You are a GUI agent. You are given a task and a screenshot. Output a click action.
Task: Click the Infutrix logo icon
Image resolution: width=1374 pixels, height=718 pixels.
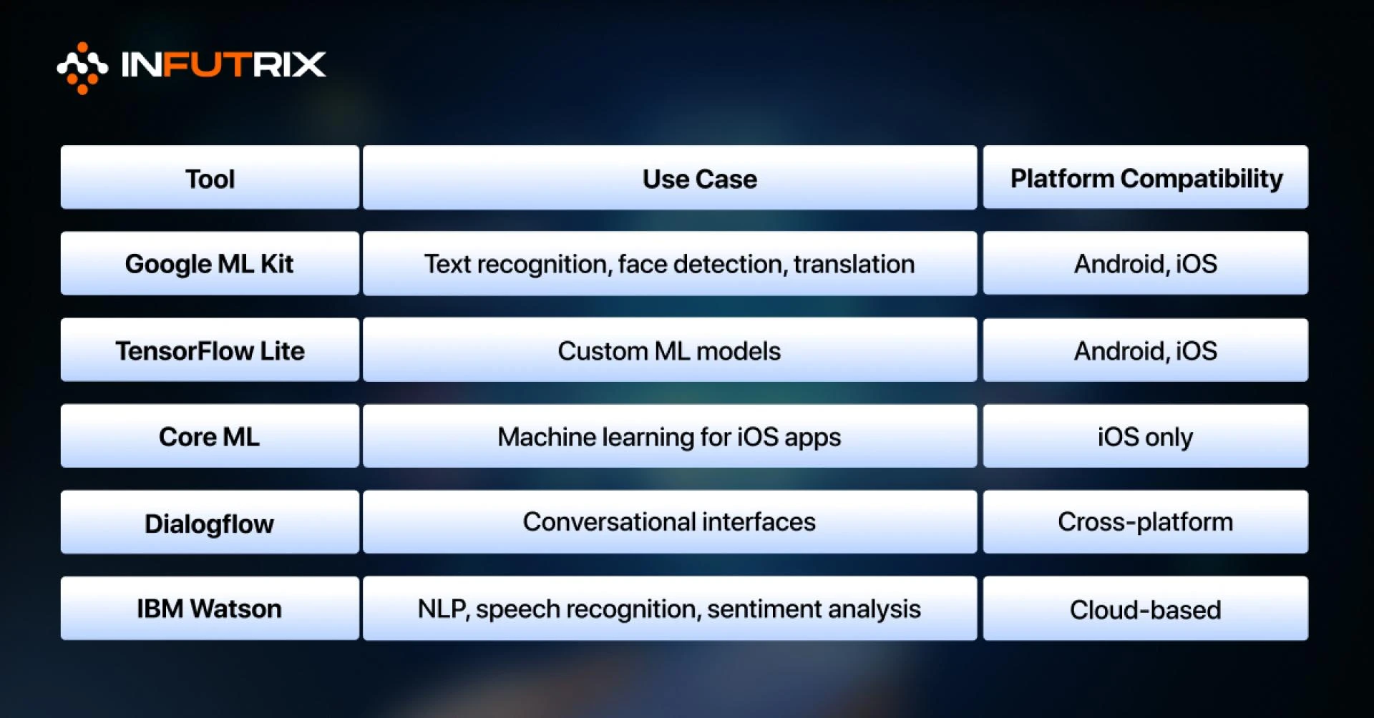(x=82, y=67)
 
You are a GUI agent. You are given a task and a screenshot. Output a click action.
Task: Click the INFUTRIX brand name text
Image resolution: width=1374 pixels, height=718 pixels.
(x=223, y=65)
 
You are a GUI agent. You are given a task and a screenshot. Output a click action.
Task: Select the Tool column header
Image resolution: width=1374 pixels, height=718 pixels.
(x=210, y=178)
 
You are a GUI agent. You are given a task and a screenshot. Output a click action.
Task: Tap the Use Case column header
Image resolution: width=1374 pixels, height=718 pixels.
(x=670, y=178)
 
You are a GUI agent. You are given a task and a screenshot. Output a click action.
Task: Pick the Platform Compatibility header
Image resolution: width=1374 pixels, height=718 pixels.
(x=1145, y=178)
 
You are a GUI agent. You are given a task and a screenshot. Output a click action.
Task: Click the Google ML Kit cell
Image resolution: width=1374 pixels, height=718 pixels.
(x=210, y=264)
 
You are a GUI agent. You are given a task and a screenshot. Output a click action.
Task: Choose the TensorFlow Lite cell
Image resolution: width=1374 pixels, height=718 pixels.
(x=210, y=350)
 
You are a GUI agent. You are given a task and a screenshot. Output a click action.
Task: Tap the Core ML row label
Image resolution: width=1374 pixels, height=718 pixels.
(x=210, y=436)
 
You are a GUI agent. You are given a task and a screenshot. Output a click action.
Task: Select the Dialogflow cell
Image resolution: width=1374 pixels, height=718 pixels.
(x=210, y=523)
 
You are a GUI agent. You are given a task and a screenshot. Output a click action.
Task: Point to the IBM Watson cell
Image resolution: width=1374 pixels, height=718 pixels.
(x=210, y=609)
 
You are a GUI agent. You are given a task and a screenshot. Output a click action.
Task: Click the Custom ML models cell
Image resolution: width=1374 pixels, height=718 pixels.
(x=670, y=350)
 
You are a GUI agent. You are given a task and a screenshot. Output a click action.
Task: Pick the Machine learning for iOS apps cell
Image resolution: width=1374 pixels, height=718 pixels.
(x=670, y=436)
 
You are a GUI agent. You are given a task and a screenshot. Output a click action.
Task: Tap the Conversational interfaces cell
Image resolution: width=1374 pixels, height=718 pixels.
(x=670, y=522)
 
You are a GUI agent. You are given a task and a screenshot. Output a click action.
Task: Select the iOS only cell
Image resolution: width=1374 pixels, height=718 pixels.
(x=1145, y=436)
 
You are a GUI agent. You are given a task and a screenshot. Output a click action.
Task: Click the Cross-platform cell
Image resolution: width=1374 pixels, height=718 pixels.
(x=1145, y=522)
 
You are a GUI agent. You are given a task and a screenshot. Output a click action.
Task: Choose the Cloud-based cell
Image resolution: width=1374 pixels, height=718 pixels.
(x=1145, y=609)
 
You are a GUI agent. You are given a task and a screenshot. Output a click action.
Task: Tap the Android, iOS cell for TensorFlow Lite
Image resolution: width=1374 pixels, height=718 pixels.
(x=1145, y=350)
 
